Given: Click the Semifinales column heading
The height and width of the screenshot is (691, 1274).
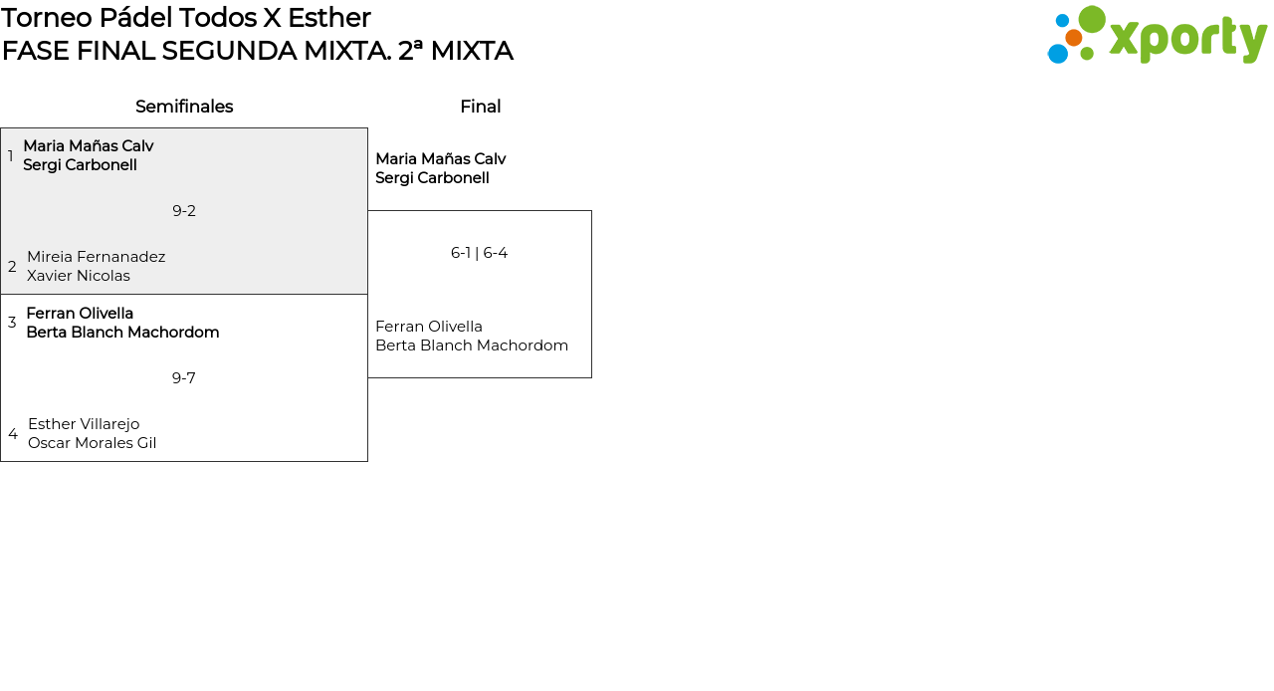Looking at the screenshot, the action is [184, 107].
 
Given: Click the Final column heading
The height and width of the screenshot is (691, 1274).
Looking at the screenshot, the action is [481, 107].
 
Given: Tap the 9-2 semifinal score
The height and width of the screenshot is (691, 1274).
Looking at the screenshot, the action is [184, 211].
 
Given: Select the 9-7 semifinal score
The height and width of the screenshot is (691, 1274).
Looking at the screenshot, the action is [184, 378].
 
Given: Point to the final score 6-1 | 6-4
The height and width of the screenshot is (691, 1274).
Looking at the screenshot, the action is [479, 253].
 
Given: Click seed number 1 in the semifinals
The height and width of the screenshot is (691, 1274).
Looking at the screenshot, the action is [10, 155].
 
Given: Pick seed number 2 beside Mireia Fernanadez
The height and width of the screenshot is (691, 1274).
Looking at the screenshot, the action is [12, 267].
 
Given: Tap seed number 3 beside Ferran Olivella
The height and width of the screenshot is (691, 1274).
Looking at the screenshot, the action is [12, 323].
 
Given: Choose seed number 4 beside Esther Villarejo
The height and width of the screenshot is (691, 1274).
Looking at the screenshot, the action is [13, 434].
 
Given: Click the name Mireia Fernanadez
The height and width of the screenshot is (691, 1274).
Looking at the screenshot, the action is [97, 257].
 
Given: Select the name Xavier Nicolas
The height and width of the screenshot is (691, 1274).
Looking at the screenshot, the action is [79, 276].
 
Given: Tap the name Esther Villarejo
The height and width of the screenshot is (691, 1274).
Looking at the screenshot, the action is [84, 424].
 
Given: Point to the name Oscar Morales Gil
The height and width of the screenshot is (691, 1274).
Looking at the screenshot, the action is [93, 443].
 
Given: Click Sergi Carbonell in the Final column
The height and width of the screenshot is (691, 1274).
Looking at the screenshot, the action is [432, 178].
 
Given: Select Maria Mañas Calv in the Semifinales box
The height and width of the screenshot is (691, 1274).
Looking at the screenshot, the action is [89, 146].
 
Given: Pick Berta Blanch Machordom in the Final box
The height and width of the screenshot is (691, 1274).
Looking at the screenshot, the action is [472, 345].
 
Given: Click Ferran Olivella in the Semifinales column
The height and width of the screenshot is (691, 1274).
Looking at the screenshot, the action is [80, 313].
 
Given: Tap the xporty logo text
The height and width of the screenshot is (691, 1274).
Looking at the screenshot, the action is [1188, 39].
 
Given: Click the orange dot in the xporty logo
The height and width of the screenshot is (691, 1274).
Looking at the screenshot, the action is [1074, 38].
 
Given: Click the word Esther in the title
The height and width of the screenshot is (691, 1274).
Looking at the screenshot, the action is [328, 18].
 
